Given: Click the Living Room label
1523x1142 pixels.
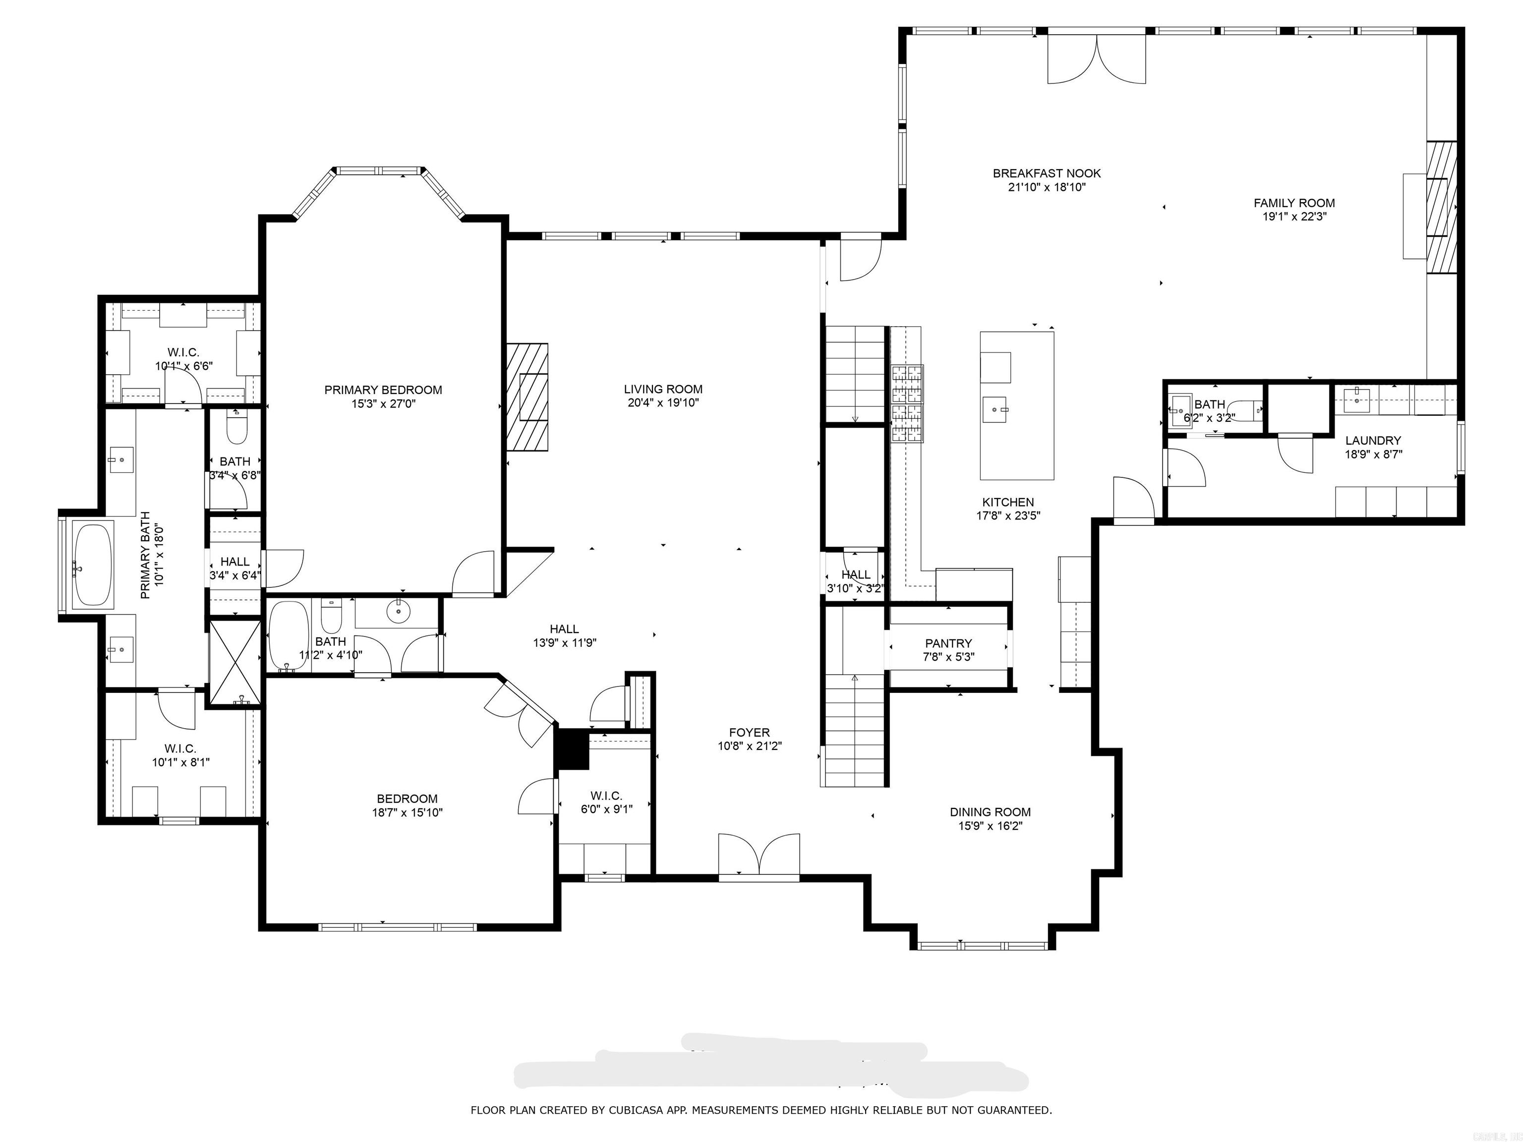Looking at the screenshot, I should click(663, 389).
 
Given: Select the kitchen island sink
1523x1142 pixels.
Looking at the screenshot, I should click(996, 409).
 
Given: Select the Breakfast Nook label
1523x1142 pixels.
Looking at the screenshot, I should click(1047, 173).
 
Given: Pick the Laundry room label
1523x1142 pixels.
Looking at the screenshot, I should click(1373, 441).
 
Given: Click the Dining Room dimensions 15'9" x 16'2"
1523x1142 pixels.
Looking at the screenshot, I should click(990, 826).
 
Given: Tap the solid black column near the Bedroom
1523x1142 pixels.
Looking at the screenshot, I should click(572, 748).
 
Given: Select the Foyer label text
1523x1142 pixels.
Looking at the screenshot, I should click(749, 733).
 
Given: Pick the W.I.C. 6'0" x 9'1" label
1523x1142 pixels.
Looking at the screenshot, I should click(606, 796).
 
